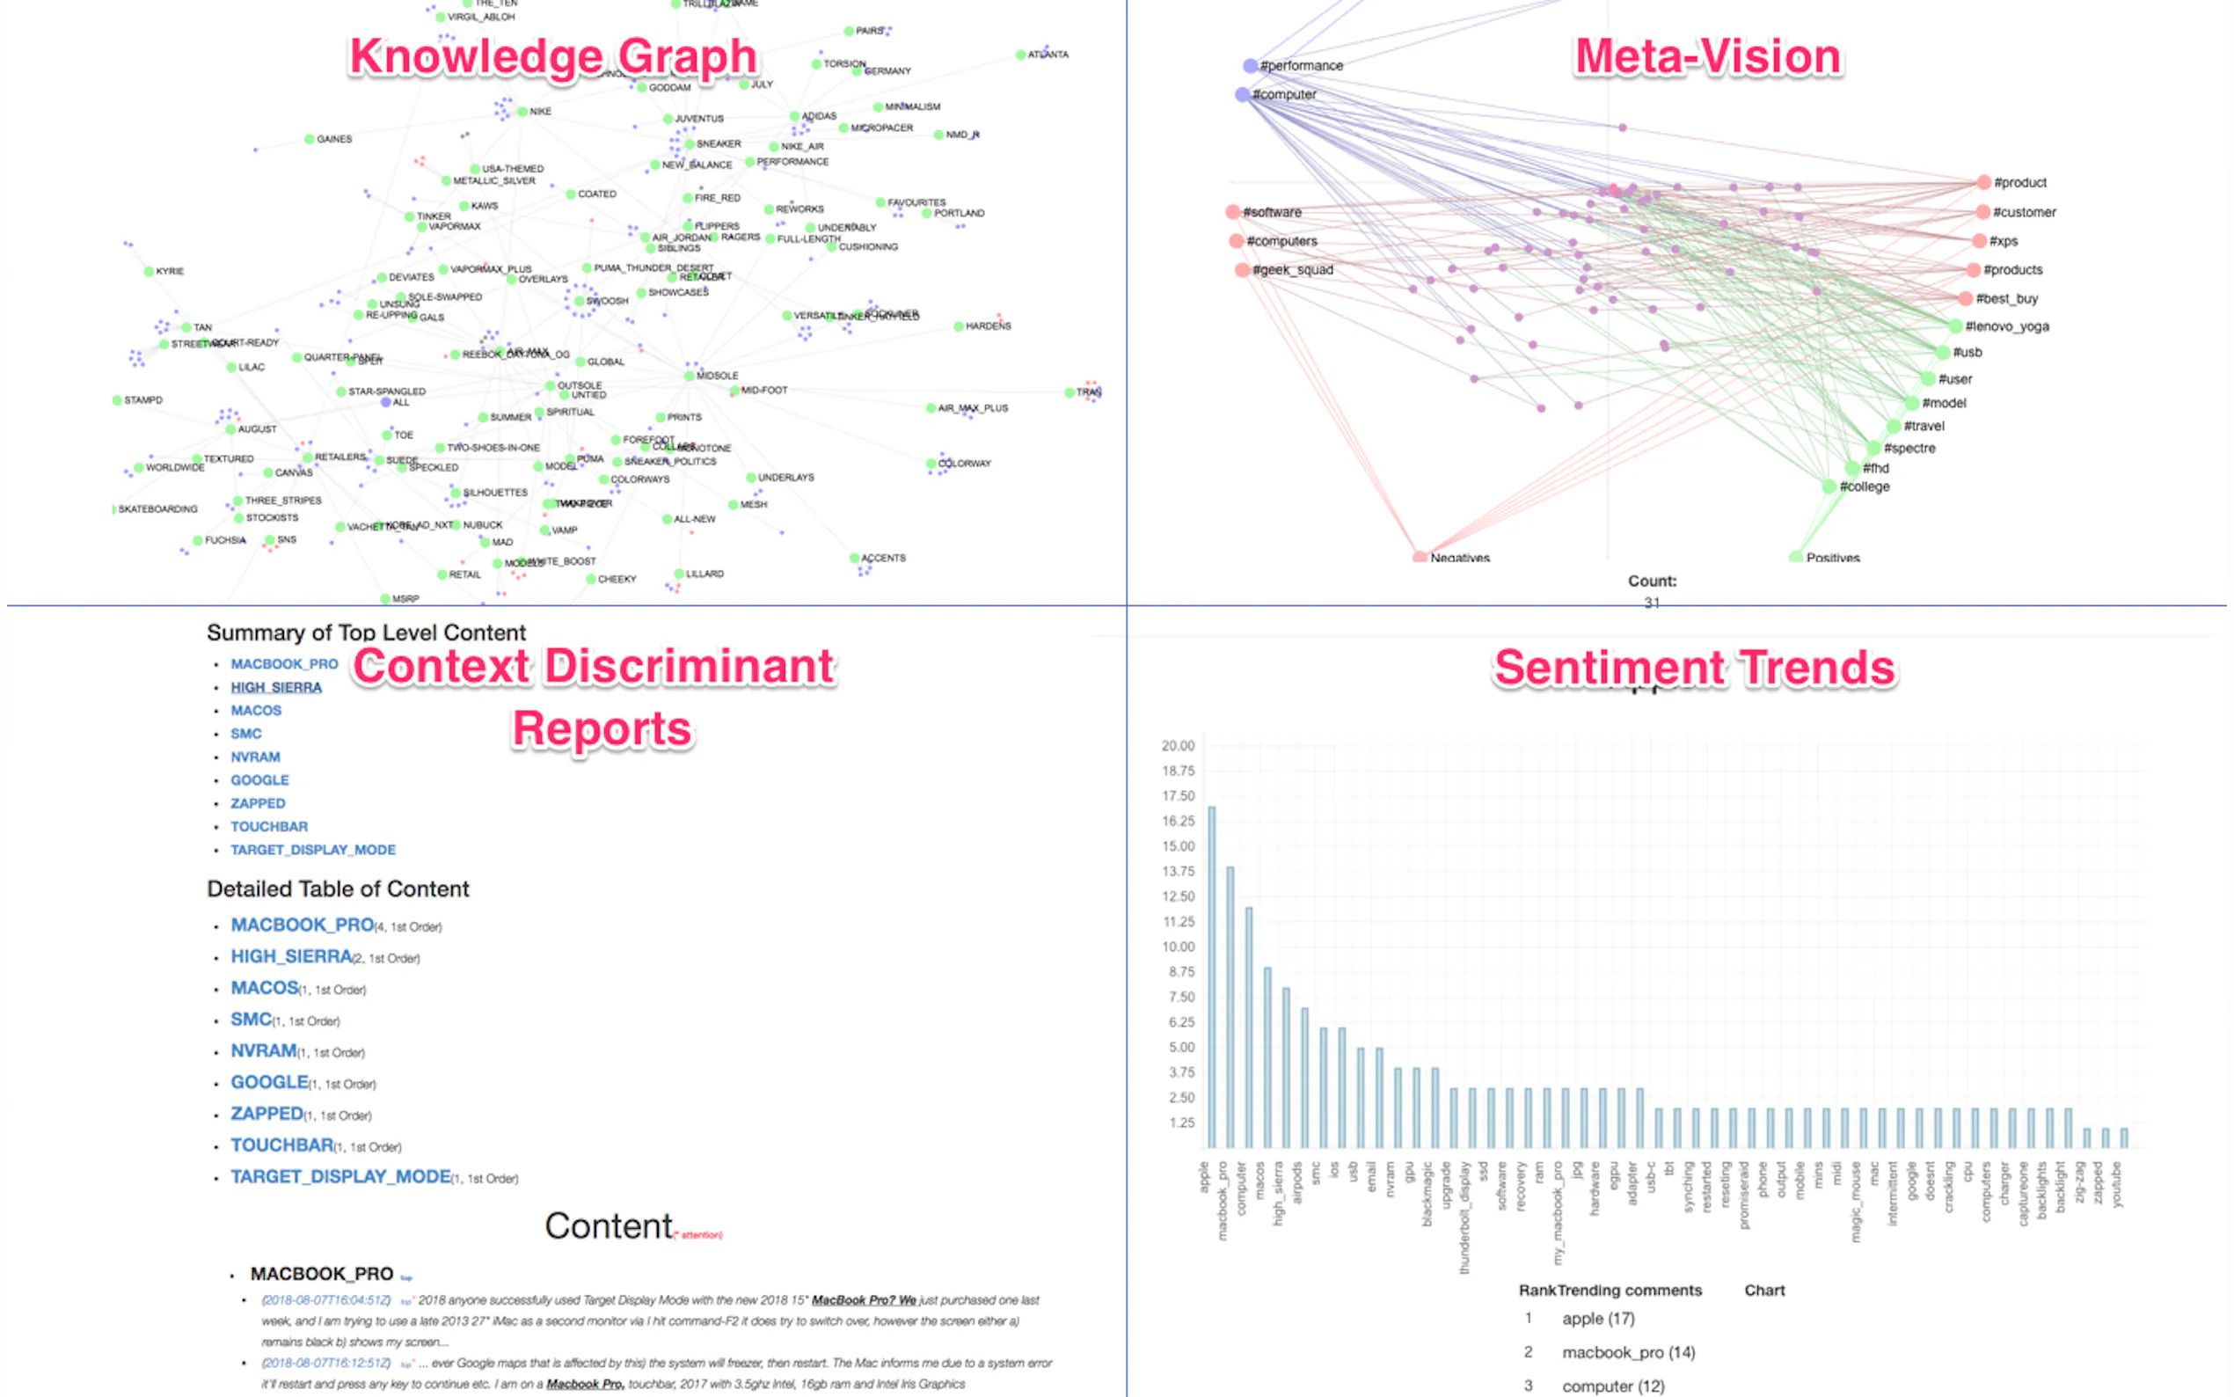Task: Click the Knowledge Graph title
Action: (x=552, y=56)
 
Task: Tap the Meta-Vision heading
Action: (x=1706, y=56)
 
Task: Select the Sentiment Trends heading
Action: (x=1694, y=667)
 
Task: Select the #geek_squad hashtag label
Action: (x=1292, y=270)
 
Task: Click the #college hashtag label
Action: (x=1864, y=486)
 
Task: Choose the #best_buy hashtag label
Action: (x=2006, y=298)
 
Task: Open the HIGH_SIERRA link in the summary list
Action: (x=276, y=687)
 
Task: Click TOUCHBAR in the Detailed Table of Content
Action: (x=281, y=1145)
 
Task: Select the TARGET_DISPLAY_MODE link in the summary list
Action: (x=313, y=850)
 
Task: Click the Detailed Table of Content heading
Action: (x=338, y=889)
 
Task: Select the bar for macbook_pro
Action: (x=1230, y=1006)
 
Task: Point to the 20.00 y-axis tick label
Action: (x=1178, y=746)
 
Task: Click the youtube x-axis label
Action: (x=2117, y=1184)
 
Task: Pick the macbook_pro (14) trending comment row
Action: (x=1627, y=1353)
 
